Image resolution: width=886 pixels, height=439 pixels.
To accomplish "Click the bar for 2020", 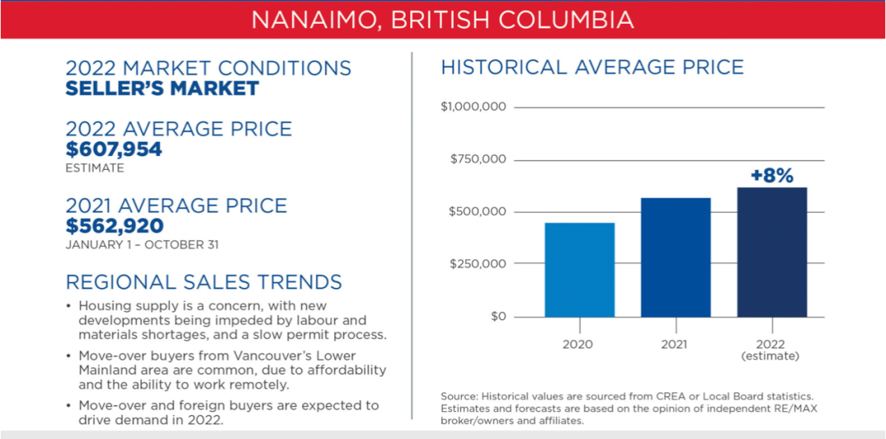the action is click(579, 270).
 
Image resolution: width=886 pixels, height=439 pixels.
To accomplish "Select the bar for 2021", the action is click(675, 258).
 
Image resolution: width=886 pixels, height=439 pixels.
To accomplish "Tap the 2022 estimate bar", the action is click(772, 252).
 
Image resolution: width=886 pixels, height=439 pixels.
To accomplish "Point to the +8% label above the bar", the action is click(772, 175).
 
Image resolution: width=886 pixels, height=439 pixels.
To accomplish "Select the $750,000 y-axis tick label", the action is click(478, 160).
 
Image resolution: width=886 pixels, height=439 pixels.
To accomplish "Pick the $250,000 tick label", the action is click(477, 264).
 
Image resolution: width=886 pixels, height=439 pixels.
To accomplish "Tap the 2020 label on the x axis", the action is click(578, 344).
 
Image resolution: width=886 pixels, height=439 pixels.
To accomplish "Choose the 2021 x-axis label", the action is click(674, 344).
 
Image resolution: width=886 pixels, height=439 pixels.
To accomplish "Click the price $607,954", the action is click(113, 149).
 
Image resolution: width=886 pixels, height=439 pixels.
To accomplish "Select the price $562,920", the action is click(115, 226).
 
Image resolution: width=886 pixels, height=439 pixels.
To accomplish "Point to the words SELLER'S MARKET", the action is click(162, 89).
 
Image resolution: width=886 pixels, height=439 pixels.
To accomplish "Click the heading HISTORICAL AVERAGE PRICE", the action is click(592, 67).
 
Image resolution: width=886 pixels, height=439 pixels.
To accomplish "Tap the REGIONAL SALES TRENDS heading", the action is click(204, 281).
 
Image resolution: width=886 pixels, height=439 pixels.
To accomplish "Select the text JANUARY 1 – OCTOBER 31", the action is click(142, 246).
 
